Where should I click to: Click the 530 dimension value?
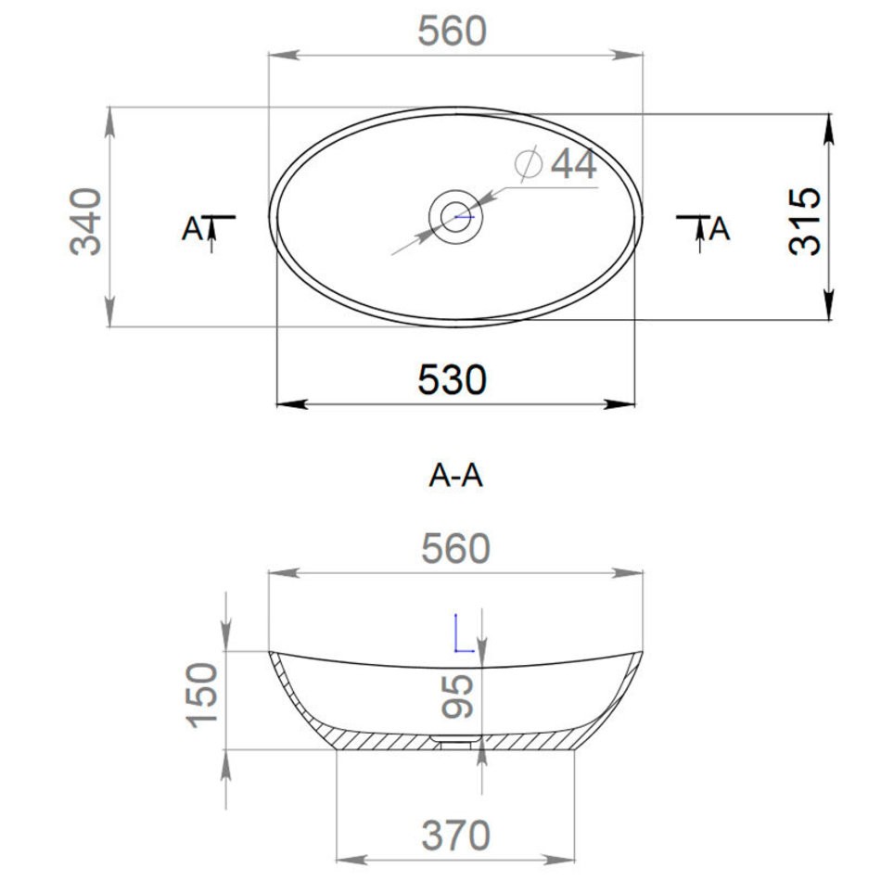pos(452,380)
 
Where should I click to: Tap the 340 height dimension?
pos(86,222)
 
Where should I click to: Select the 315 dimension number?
pos(805,221)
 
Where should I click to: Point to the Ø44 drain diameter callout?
pos(555,163)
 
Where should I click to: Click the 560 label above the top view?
pos(453,32)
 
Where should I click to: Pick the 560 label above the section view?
pos(455,549)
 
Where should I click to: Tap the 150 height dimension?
pos(202,696)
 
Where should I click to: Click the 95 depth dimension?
pos(457,696)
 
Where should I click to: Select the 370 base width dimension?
pos(455,836)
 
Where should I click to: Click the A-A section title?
pos(455,476)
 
